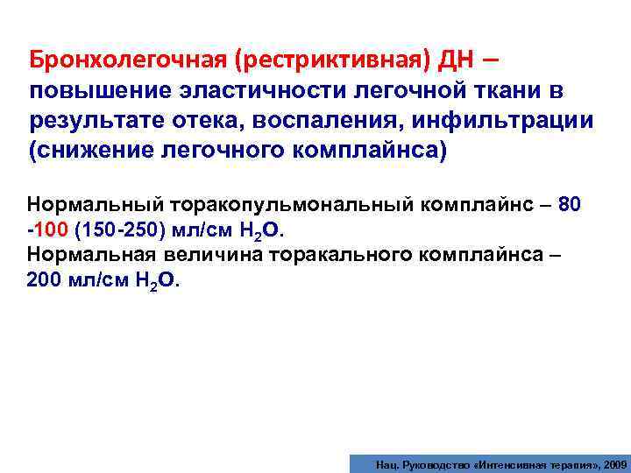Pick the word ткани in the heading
pyautogui.click(x=503, y=92)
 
